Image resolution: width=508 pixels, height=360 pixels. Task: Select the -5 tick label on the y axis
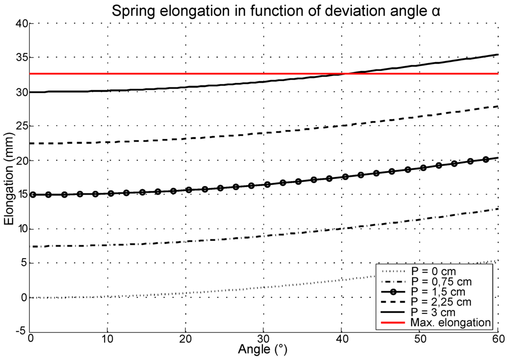(20, 332)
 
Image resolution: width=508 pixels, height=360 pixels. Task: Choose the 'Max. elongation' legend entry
(450, 323)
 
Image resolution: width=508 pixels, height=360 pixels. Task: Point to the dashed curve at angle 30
(263, 133)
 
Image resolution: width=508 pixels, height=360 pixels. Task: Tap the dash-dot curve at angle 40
(342, 229)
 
